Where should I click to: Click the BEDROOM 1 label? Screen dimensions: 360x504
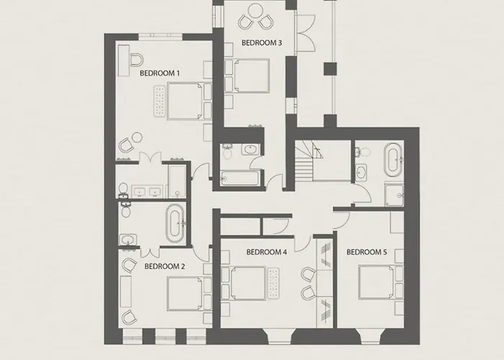pyautogui.click(x=159, y=73)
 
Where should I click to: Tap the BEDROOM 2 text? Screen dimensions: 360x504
pyautogui.click(x=165, y=266)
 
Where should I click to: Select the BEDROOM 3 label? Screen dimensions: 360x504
pyautogui.click(x=261, y=43)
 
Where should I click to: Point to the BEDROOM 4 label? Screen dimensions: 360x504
pyautogui.click(x=266, y=252)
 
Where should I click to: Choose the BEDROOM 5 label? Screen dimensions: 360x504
pyautogui.click(x=366, y=252)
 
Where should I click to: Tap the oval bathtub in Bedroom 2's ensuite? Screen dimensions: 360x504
pyautogui.click(x=175, y=224)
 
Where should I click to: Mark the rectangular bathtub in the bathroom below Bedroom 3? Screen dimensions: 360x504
pyautogui.click(x=239, y=176)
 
